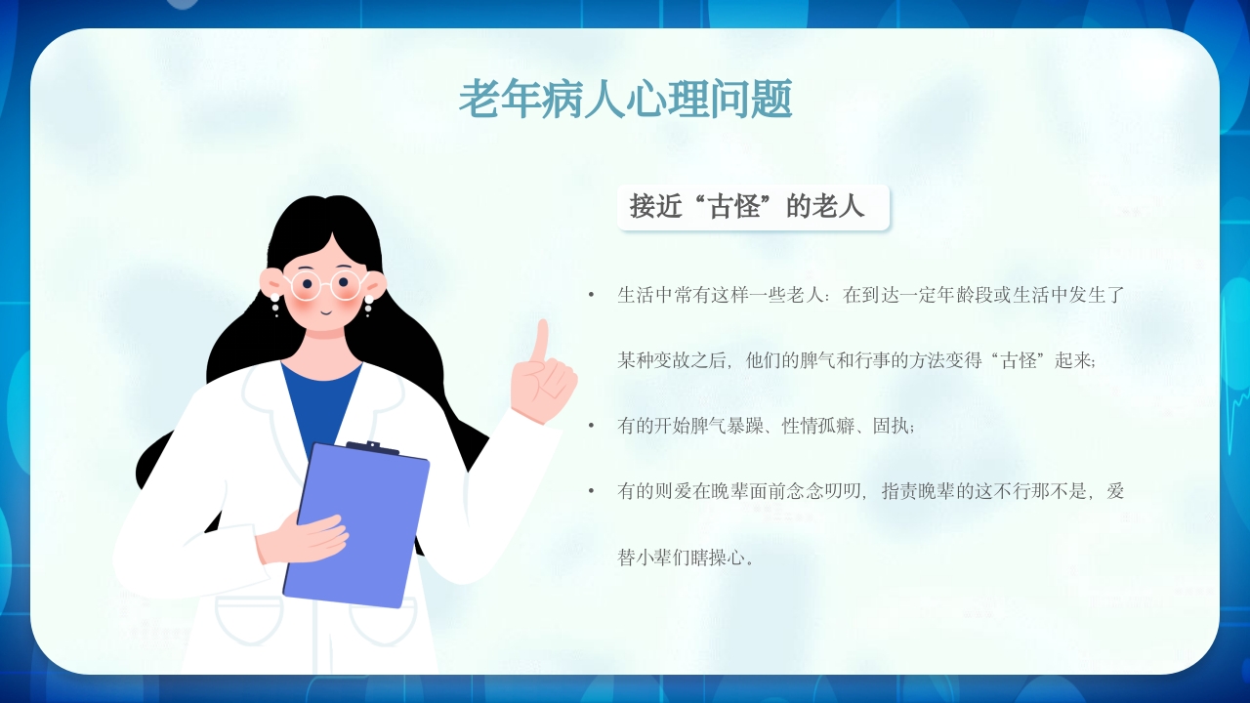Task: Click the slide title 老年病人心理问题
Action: point(625,99)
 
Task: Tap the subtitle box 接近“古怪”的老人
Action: point(752,207)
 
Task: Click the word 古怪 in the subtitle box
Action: point(733,207)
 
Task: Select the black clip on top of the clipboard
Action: point(372,448)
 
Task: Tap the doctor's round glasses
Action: point(325,285)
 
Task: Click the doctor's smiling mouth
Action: point(325,311)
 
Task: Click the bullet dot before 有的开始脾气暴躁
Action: point(591,426)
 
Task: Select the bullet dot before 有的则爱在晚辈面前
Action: point(591,491)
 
